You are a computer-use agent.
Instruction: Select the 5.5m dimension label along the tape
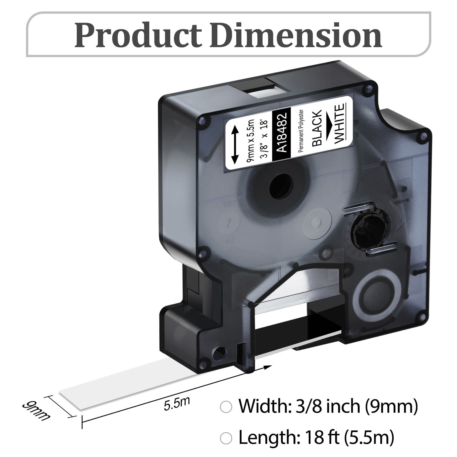pyautogui.click(x=177, y=404)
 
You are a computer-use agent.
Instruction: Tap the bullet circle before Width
pyautogui.click(x=226, y=407)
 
